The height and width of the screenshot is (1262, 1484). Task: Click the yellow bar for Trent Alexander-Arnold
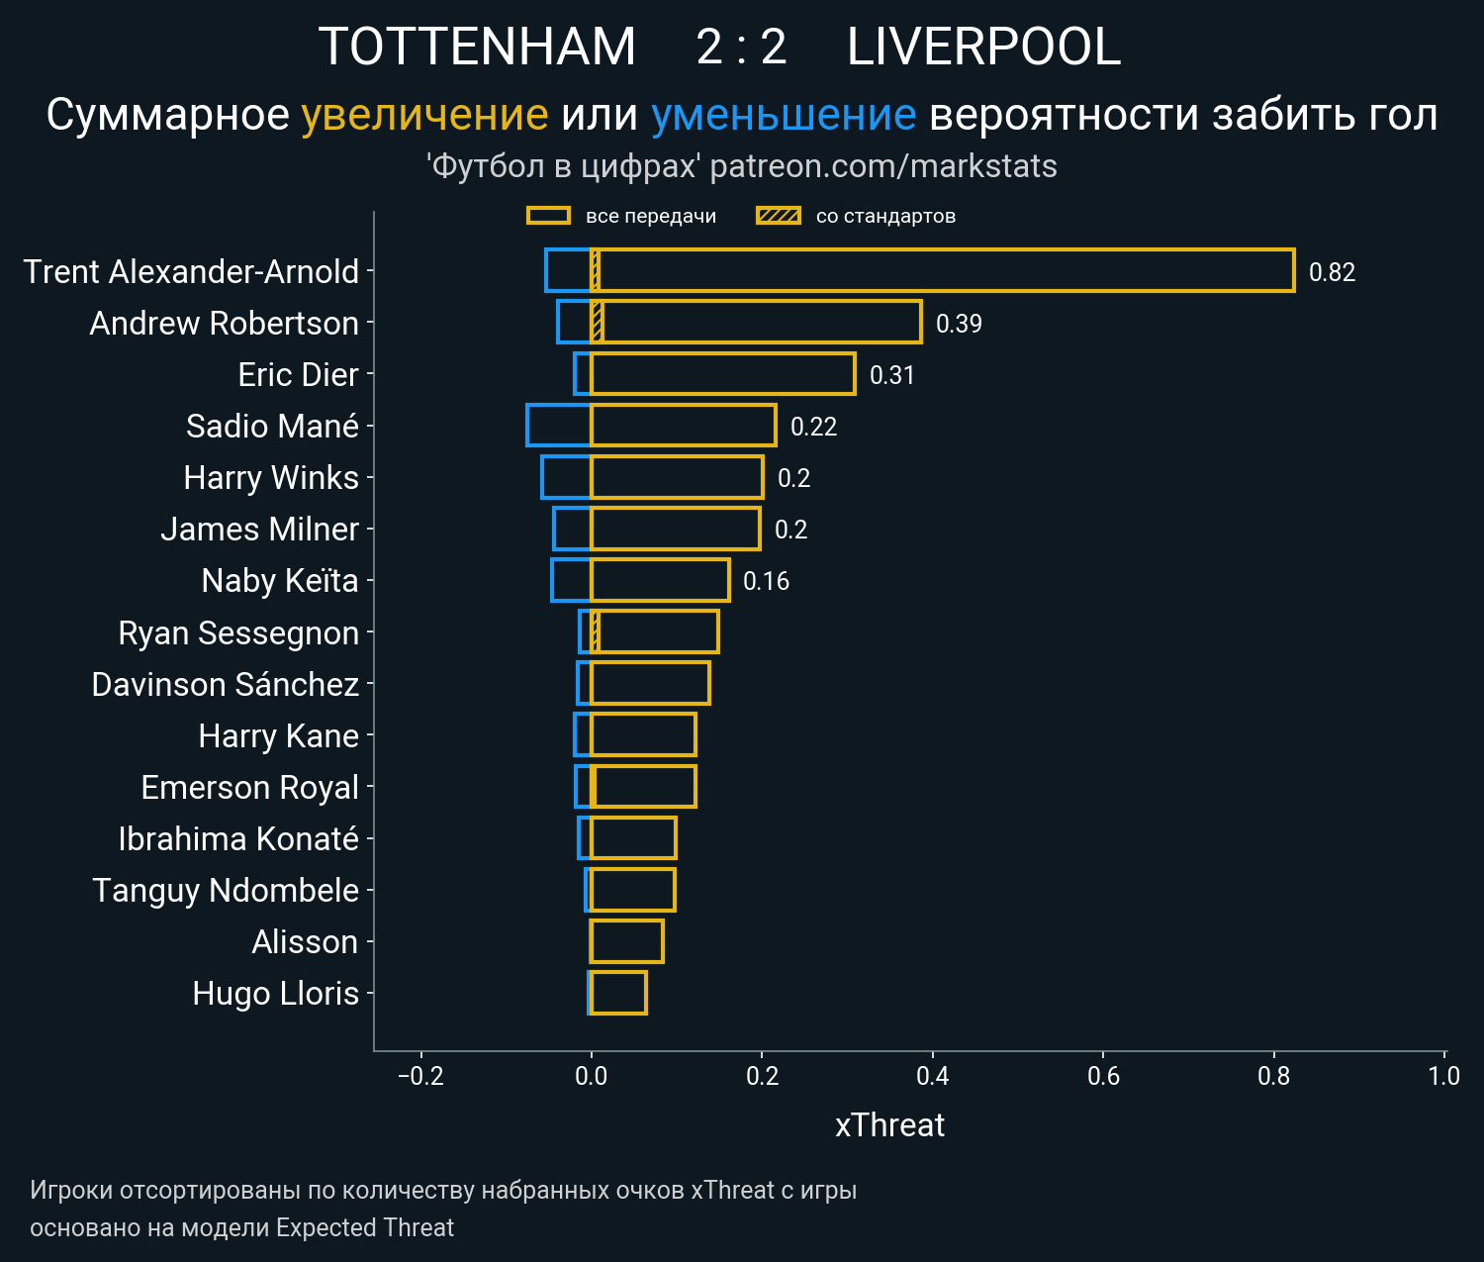tap(940, 271)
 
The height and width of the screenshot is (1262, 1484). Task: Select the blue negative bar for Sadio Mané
tap(559, 426)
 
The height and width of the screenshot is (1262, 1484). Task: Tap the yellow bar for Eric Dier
tap(722, 374)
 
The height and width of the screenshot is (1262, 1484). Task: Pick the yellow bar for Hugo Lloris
tap(618, 993)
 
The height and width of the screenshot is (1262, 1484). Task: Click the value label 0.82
tap(1332, 272)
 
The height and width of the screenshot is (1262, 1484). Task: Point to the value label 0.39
tap(959, 324)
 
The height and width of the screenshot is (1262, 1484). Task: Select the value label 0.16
tap(766, 581)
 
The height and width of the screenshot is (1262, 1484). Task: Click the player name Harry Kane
tap(278, 735)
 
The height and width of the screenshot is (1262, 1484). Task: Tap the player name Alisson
tap(305, 941)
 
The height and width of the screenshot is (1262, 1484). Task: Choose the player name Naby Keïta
tap(280, 580)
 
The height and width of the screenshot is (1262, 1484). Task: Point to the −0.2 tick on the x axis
tap(420, 1076)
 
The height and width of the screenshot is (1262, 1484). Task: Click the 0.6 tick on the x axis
tap(1103, 1076)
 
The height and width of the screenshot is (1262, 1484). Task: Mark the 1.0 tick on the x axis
tap(1443, 1076)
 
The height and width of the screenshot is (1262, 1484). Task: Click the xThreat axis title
tap(889, 1125)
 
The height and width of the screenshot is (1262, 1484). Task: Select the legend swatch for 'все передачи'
tap(548, 216)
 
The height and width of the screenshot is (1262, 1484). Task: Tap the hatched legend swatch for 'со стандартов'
tap(779, 216)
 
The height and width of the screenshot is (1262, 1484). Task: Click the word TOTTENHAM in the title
tap(477, 48)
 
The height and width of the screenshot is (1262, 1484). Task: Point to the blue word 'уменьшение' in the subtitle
tap(784, 116)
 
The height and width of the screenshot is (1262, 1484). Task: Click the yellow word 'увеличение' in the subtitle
tap(424, 116)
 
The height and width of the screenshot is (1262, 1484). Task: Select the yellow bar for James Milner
tap(675, 529)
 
